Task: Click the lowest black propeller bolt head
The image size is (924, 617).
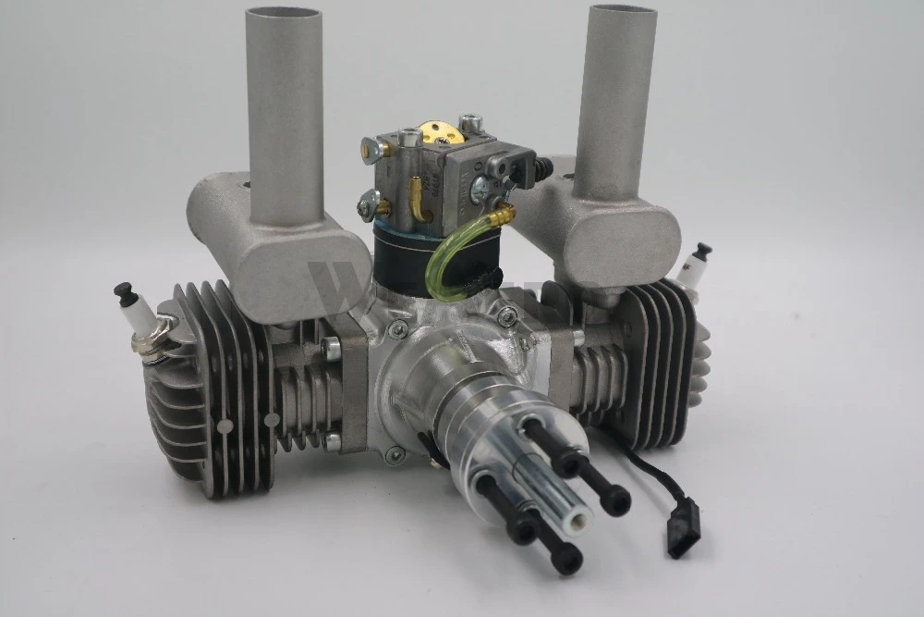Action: click(x=565, y=558)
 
